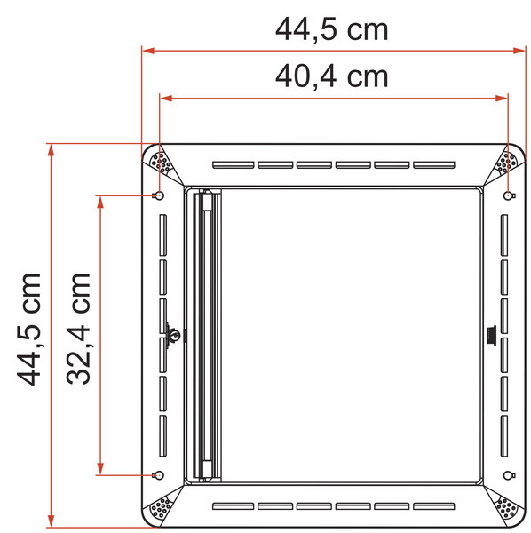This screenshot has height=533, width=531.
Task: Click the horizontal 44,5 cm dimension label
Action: click(x=331, y=29)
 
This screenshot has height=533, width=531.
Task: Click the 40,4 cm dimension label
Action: click(x=331, y=76)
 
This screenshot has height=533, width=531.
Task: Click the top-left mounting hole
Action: click(x=159, y=195)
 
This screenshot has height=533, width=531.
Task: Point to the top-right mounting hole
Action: click(x=507, y=195)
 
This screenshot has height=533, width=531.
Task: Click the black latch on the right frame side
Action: click(x=490, y=335)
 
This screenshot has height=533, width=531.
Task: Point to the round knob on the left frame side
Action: click(x=176, y=335)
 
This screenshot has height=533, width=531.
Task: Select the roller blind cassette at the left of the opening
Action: click(x=204, y=335)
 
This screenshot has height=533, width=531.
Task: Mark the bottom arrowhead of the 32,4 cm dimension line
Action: click(x=102, y=469)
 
